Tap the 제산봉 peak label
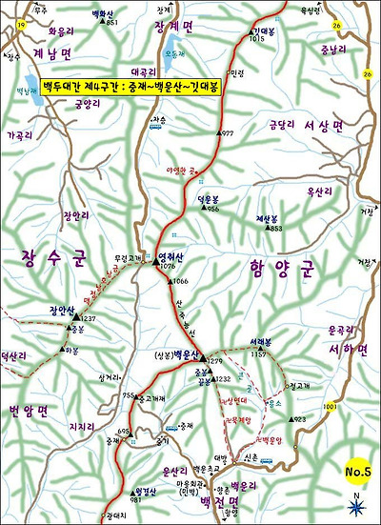click(x=269, y=218)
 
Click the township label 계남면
click(x=45, y=54)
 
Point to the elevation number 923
click(x=300, y=419)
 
